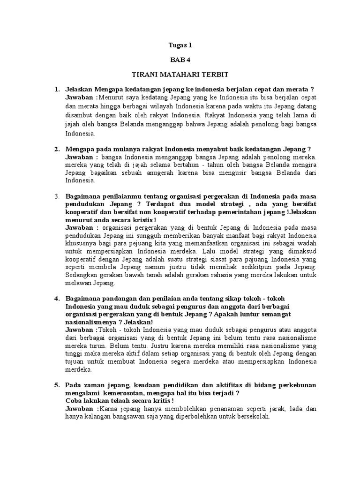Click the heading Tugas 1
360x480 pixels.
(180, 45)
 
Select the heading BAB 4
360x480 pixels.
(180, 60)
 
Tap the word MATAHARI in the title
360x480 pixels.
(180, 75)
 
